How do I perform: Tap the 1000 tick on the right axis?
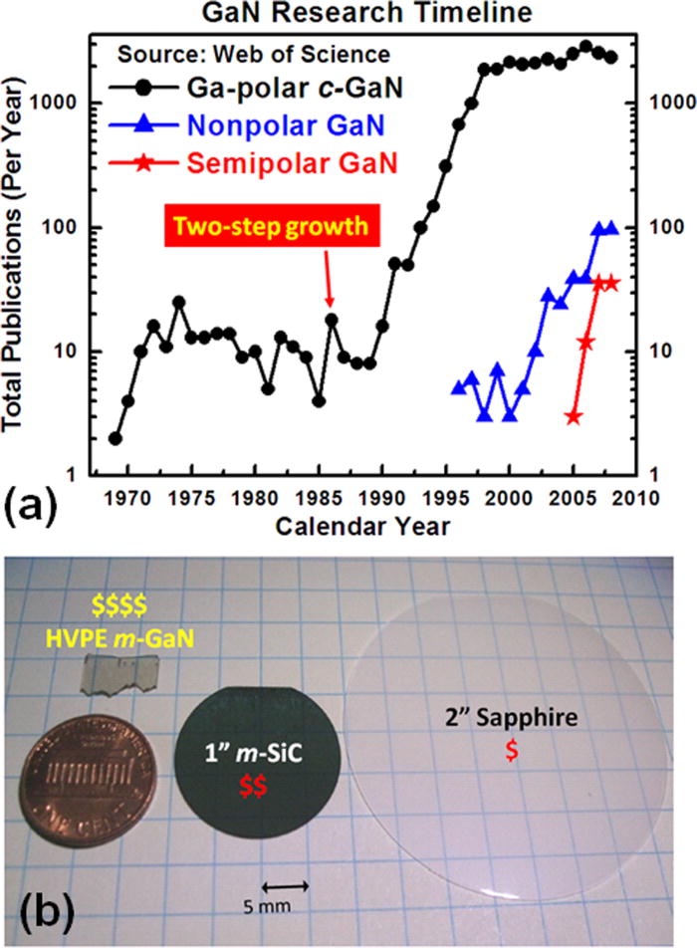[x=672, y=103]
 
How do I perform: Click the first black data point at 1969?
[x=116, y=438]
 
